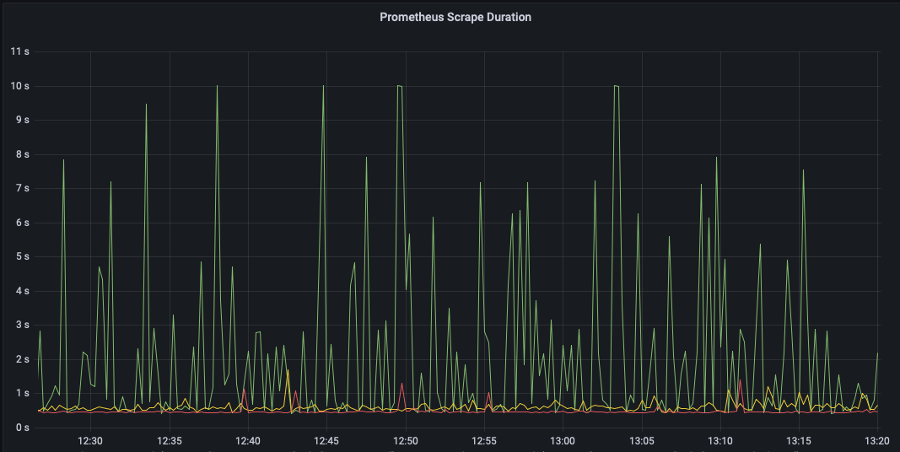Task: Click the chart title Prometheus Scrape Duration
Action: pos(455,17)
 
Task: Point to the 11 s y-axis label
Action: pos(19,51)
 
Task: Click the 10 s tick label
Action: pos(19,86)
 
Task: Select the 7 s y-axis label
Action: pos(23,188)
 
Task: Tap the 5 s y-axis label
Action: pos(23,256)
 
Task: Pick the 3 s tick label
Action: pos(23,325)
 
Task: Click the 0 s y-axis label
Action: pos(23,428)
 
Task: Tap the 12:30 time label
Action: pos(90,441)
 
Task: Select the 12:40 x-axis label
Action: pos(248,441)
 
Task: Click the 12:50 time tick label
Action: pos(405,441)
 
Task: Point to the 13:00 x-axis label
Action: pos(563,441)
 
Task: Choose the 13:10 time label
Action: pos(719,441)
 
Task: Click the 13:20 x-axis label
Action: pos(877,441)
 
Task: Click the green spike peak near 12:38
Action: pos(217,86)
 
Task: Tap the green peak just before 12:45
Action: pos(324,86)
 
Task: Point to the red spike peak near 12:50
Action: pos(401,383)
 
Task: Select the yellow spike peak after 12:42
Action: pos(288,370)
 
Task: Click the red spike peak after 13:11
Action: pos(741,379)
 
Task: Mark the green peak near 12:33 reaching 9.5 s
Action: pos(147,105)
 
